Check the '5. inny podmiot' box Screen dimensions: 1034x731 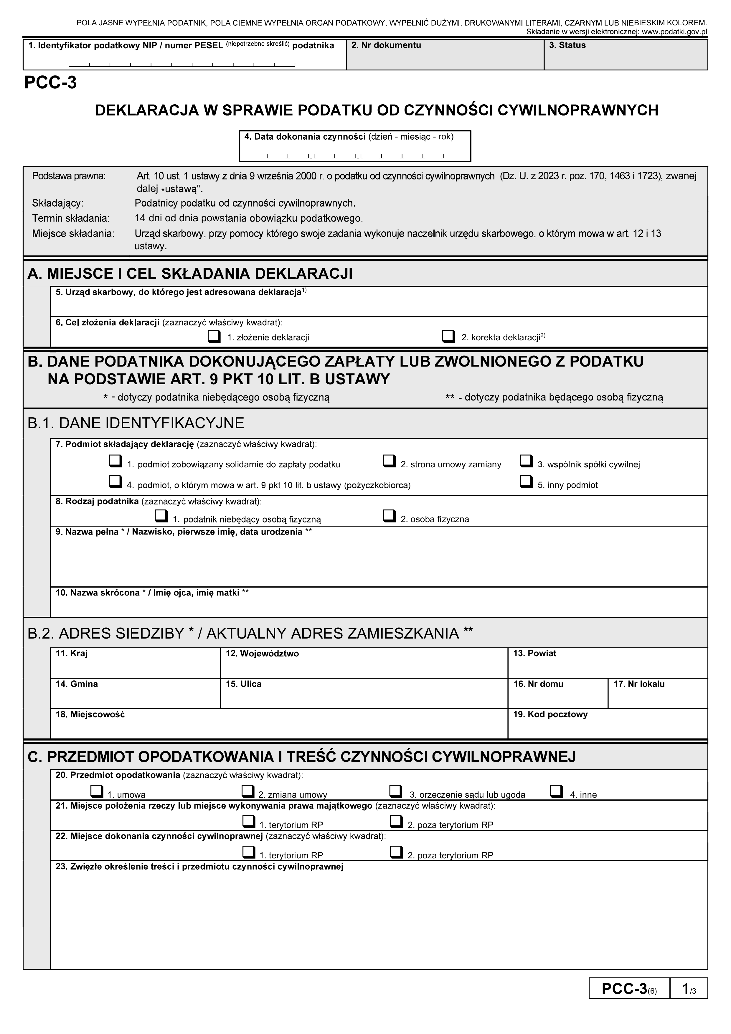coord(526,481)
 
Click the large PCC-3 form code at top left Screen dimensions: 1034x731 coord(50,83)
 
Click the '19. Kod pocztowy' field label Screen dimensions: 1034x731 coord(550,715)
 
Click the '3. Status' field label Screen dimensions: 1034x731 coord(567,45)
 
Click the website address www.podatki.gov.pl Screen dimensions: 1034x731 coord(674,32)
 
